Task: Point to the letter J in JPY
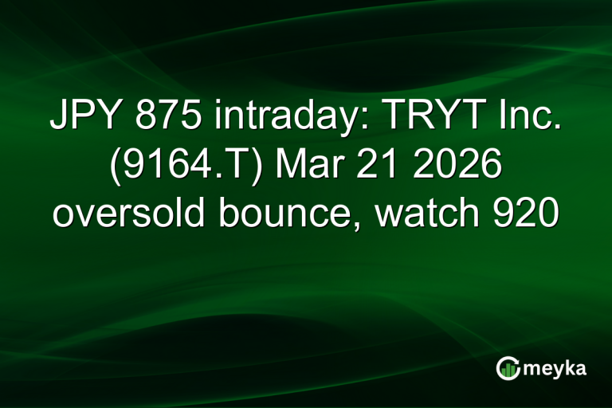[57, 117]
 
